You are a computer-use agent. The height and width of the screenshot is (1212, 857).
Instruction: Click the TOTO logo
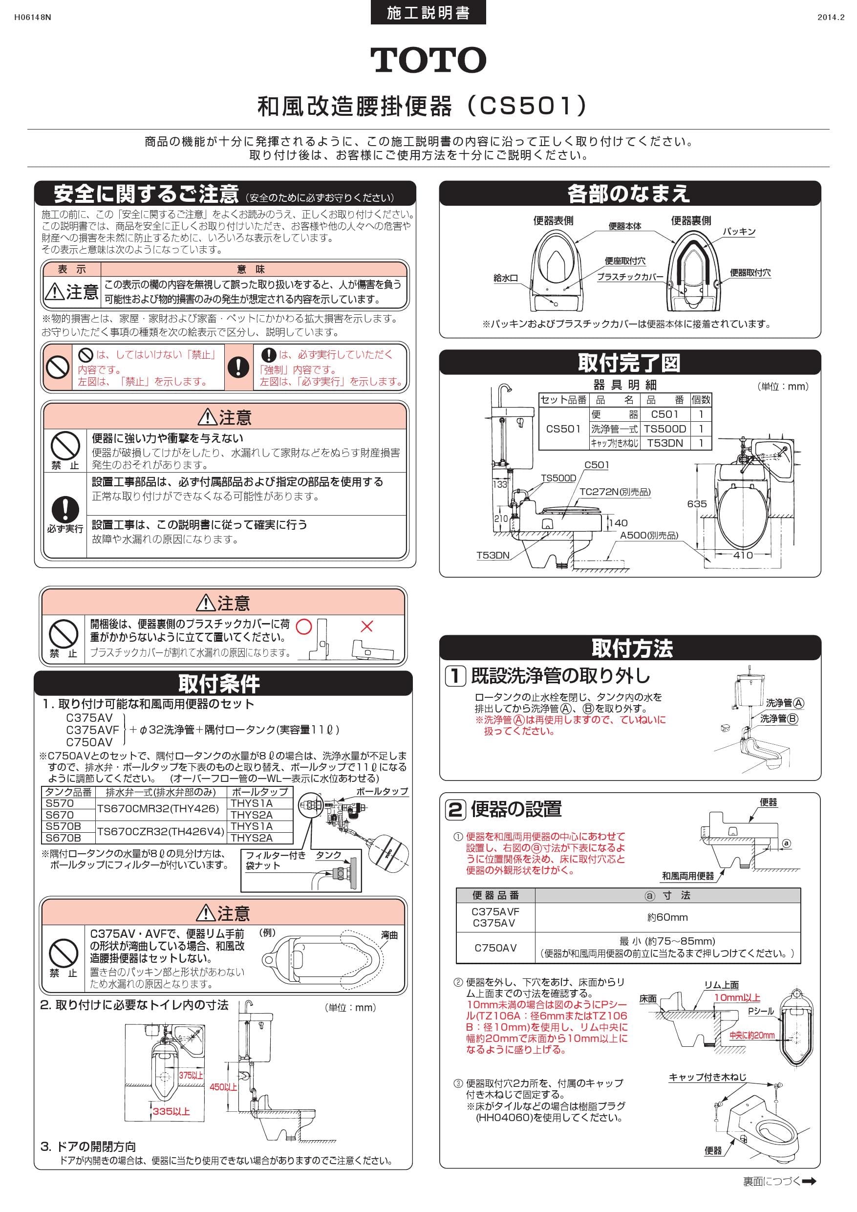[428, 60]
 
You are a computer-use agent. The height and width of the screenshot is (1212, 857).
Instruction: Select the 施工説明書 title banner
[428, 13]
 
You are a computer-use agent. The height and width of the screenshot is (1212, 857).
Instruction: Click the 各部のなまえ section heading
[629, 194]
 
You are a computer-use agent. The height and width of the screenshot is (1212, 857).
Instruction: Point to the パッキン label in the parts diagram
[739, 231]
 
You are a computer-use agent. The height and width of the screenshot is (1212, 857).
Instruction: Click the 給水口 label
[506, 278]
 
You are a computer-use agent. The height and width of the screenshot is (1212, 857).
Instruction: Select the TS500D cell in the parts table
[665, 429]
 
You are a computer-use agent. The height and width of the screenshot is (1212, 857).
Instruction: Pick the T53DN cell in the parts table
[665, 443]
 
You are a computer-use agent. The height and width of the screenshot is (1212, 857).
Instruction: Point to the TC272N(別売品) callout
[615, 492]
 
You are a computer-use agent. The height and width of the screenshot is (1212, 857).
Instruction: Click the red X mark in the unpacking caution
[366, 627]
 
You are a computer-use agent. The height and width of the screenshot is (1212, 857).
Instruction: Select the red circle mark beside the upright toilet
[304, 627]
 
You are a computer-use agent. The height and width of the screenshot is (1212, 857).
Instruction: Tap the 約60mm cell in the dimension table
[667, 917]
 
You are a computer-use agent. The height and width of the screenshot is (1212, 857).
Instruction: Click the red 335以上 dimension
[171, 1111]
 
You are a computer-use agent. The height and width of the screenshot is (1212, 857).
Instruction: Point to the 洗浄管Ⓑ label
[779, 718]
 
